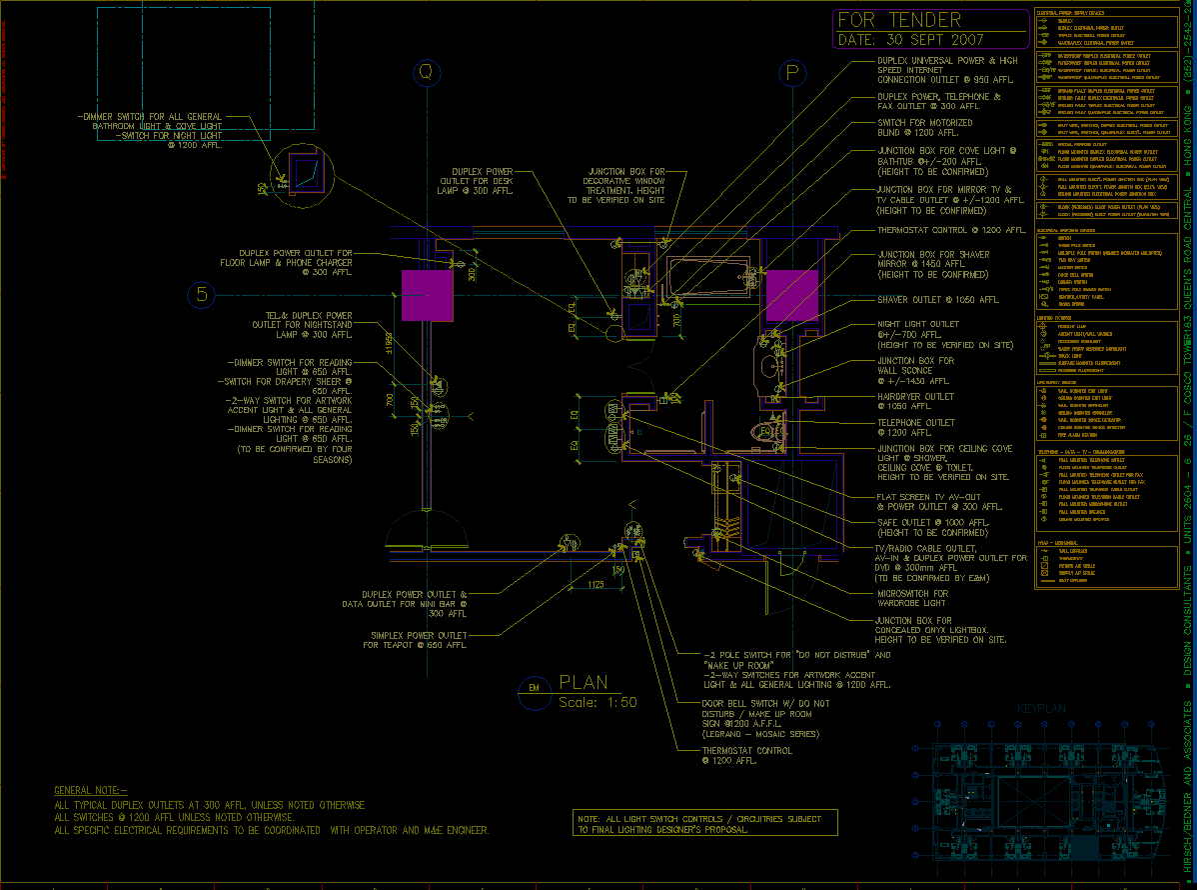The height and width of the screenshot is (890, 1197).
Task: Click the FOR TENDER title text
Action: tap(898, 21)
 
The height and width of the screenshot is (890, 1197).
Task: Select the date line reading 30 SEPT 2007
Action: tap(910, 40)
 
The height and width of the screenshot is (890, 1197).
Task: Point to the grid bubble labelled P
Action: tap(793, 73)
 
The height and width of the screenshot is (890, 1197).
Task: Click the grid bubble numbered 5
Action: tap(202, 295)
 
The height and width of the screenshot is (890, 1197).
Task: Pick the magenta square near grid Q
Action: tap(428, 295)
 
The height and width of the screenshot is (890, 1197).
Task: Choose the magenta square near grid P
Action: tap(792, 295)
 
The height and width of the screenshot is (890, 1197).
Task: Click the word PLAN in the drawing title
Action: tap(584, 683)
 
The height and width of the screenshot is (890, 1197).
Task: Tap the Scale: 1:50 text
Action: tap(597, 702)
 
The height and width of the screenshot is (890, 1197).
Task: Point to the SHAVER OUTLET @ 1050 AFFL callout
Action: tap(938, 300)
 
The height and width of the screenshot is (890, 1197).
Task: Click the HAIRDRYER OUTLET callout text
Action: tap(915, 397)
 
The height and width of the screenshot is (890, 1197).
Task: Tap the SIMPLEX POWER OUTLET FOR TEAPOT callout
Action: tap(418, 640)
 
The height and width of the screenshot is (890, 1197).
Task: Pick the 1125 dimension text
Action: tap(596, 584)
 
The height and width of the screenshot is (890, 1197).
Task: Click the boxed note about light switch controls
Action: tap(704, 824)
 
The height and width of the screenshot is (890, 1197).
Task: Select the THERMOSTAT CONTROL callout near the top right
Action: tap(937, 231)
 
